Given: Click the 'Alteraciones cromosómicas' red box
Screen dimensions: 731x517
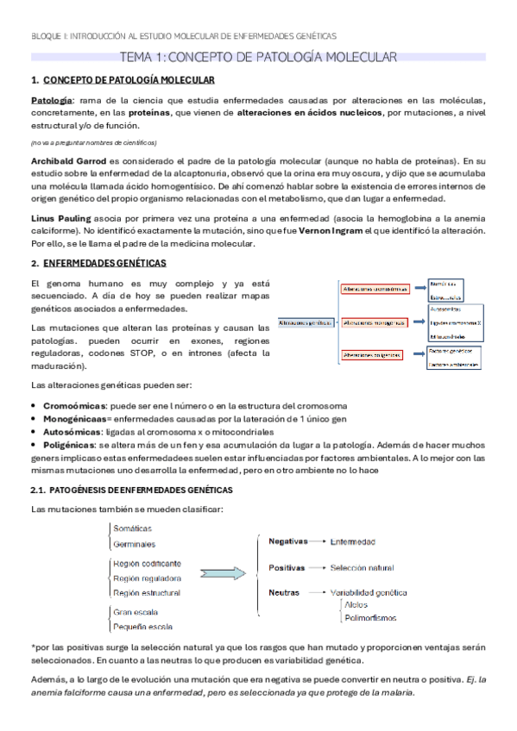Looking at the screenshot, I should (x=375, y=290).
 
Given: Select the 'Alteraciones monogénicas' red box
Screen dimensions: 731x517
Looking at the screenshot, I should (x=375, y=323).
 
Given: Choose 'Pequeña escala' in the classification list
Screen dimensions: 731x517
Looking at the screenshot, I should (x=144, y=627).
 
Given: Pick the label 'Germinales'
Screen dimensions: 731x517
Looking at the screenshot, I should (x=134, y=544).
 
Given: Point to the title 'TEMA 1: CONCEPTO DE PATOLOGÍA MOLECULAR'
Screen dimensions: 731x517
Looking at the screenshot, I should (x=258, y=58).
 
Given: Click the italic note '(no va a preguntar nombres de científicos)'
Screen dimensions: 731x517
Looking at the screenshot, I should (x=93, y=142).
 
